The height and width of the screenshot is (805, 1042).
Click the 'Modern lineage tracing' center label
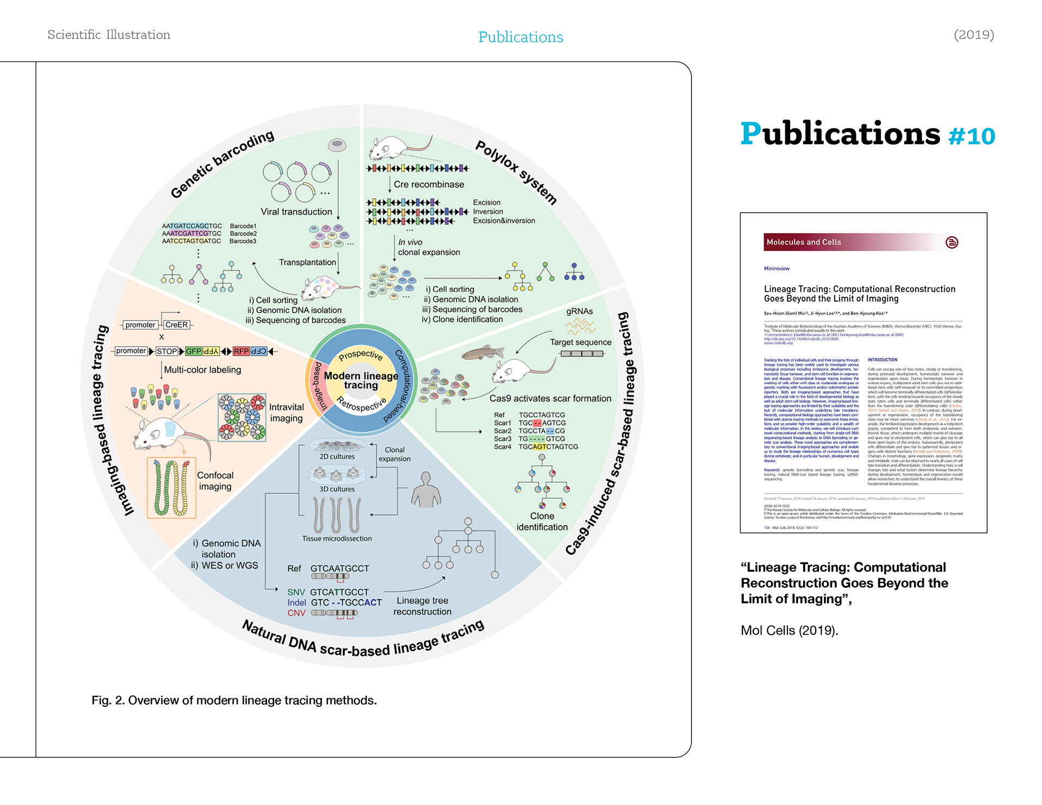pyautogui.click(x=361, y=380)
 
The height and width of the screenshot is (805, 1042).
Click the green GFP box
pyautogui.click(x=193, y=352)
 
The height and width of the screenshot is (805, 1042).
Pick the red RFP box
pyautogui.click(x=241, y=352)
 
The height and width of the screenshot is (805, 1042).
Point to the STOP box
pyautogui.click(x=167, y=352)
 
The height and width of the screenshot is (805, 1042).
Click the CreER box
pyautogui.click(x=176, y=325)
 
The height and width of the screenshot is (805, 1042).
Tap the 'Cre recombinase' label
pyautogui.click(x=429, y=184)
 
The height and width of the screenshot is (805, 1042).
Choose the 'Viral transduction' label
pyautogui.click(x=296, y=212)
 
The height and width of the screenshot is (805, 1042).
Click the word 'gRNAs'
pyautogui.click(x=580, y=311)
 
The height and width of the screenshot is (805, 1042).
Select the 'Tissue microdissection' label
pyautogui.click(x=337, y=539)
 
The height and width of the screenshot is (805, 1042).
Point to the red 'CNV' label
pyautogui.click(x=296, y=613)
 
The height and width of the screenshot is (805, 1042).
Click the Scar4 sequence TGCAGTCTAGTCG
pyautogui.click(x=548, y=447)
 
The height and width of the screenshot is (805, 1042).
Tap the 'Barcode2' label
pyautogui.click(x=243, y=234)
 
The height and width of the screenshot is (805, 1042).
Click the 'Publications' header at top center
pyautogui.click(x=520, y=37)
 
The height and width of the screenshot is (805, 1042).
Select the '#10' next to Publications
pyautogui.click(x=971, y=136)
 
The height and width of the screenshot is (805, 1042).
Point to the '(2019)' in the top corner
pyautogui.click(x=974, y=35)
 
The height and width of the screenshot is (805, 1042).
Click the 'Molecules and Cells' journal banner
pyautogui.click(x=803, y=242)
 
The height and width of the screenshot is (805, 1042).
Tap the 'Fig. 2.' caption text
pyautogui.click(x=234, y=700)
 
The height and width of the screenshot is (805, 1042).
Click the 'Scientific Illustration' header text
pyautogui.click(x=109, y=35)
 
